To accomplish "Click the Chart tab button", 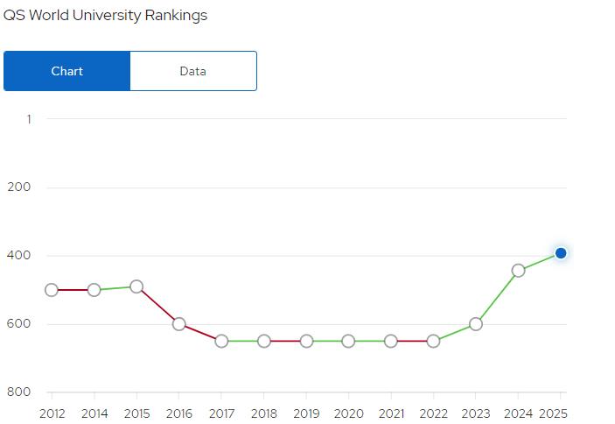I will [66, 71].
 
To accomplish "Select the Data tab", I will [192, 71].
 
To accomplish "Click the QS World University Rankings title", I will [106, 16].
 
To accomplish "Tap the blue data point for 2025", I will [561, 253].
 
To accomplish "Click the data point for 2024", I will [518, 270].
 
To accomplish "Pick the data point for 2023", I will [476, 324].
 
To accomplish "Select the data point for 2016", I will [179, 324].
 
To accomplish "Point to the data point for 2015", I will [136, 286].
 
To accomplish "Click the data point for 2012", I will [52, 290].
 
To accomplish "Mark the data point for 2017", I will [221, 341].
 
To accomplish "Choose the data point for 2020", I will [348, 341].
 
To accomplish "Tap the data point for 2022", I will [433, 341].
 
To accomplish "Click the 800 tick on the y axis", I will [19, 392].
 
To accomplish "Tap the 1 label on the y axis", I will [28, 118].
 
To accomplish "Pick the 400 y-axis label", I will [19, 255].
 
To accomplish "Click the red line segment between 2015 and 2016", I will [157, 305].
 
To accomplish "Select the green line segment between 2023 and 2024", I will [497, 297].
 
